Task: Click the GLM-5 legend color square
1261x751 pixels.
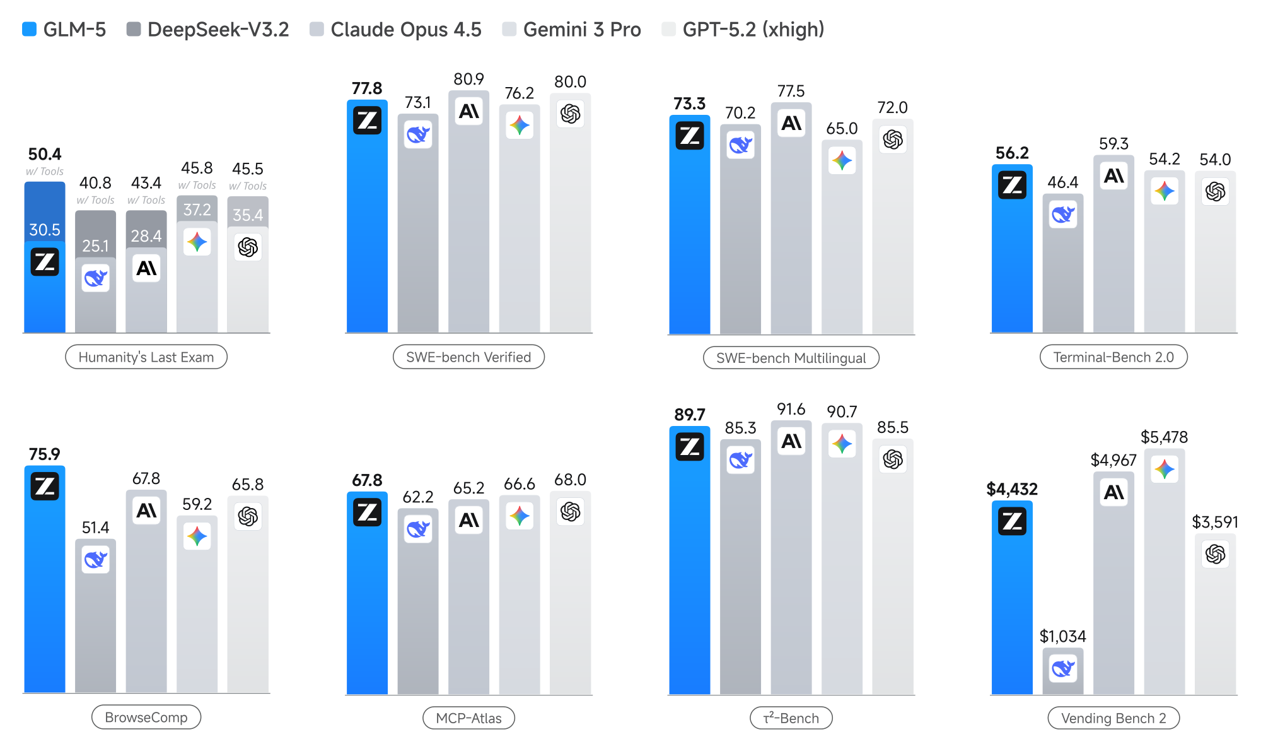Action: (29, 29)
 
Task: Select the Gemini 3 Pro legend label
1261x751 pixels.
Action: (581, 29)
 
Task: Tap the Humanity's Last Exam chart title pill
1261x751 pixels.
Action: (146, 357)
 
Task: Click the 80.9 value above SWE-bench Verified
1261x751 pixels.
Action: (468, 79)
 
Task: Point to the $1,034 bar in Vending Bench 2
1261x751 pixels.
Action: (1062, 670)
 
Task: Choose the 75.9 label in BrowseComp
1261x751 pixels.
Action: (44, 454)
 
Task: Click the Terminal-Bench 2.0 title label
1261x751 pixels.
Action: (1113, 357)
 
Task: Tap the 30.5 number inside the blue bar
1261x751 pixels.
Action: (45, 230)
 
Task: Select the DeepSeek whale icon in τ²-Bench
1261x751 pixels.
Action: (740, 460)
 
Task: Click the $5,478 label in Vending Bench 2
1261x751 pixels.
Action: (1164, 437)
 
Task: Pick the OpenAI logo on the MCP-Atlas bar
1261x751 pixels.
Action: (570, 511)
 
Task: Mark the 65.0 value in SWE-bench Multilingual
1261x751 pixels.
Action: (842, 128)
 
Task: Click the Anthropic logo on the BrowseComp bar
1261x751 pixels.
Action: (146, 510)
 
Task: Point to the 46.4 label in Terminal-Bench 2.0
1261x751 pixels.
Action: (1062, 182)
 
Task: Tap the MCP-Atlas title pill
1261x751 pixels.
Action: (468, 718)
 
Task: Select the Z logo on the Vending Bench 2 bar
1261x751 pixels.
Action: (1012, 521)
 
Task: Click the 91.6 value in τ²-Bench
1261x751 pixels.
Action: (791, 409)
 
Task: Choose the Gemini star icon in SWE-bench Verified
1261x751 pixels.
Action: (519, 125)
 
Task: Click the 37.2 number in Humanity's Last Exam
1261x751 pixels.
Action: (197, 210)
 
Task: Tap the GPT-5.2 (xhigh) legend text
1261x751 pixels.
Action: (753, 29)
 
